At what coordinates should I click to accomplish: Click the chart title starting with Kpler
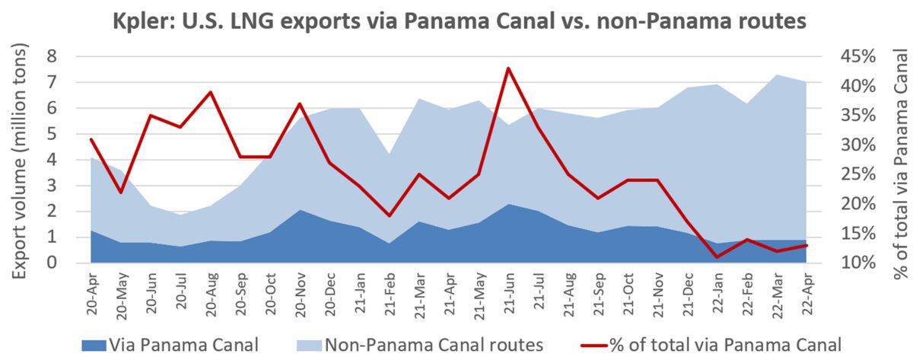[456, 20]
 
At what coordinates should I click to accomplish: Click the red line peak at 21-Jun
[507, 68]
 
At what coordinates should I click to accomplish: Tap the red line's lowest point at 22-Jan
[717, 256]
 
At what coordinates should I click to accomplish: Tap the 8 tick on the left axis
[73, 56]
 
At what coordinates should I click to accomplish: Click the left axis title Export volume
[23, 160]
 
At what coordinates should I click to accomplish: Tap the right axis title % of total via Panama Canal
[901, 160]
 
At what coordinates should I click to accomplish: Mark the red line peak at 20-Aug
[211, 92]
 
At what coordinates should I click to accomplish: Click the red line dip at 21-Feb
[390, 215]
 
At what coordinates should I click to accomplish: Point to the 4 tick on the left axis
[73, 160]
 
